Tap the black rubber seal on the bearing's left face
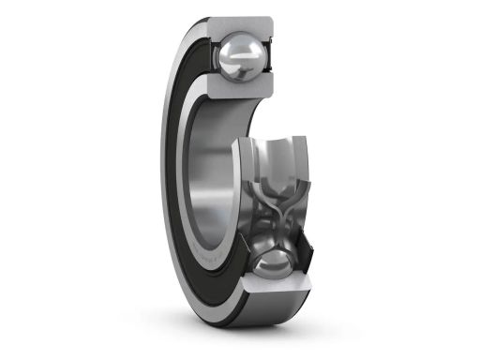click(x=178, y=178)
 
